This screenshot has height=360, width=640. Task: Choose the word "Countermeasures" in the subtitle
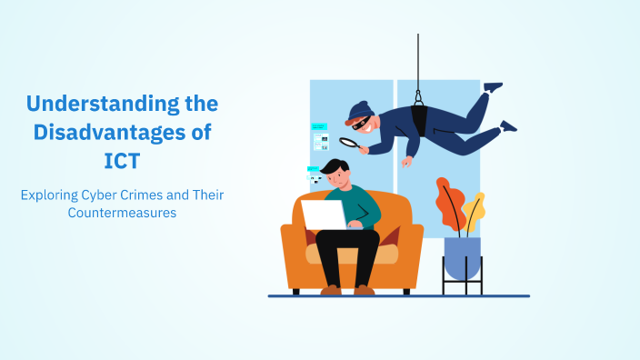121,212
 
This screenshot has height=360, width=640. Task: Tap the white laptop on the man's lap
324,215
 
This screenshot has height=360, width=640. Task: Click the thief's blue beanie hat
360,111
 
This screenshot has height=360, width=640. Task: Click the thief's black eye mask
362,124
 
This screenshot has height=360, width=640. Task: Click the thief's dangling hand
407,162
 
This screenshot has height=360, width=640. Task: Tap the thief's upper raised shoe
493,87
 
